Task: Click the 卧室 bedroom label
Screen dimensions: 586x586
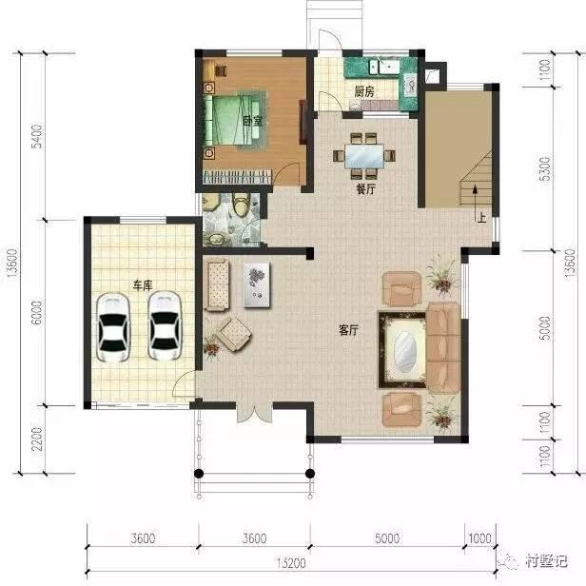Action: (251, 121)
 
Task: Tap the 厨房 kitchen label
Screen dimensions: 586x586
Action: (363, 92)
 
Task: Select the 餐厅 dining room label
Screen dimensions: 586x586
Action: (365, 188)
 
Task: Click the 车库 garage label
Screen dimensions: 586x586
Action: (144, 283)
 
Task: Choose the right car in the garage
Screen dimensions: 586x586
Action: (166, 322)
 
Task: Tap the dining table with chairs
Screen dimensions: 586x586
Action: (365, 153)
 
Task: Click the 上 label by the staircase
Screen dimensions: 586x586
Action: (482, 217)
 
